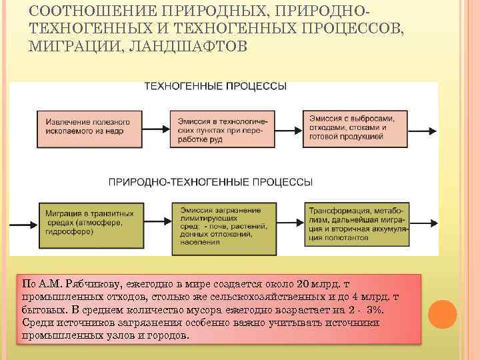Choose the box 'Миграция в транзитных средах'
[89, 223]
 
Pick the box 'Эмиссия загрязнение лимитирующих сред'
[223, 227]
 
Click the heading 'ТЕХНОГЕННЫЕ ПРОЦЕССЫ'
[216, 87]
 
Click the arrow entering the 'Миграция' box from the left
[25, 223]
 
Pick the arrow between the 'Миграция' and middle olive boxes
[156, 223]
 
